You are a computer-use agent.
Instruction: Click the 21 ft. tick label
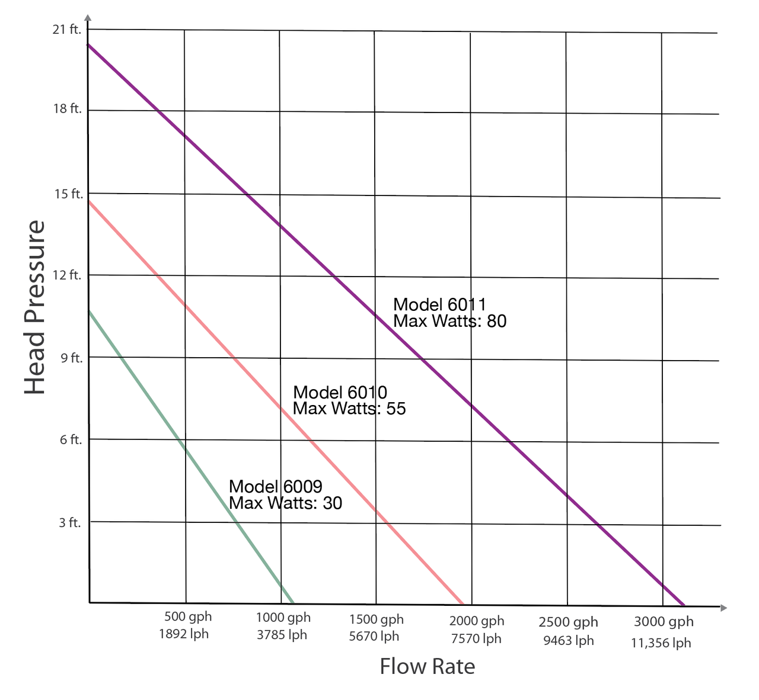pyautogui.click(x=67, y=30)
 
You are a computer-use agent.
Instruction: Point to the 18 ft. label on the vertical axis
pyautogui.click(x=67, y=110)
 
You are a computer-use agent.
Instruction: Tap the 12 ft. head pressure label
pyautogui.click(x=67, y=275)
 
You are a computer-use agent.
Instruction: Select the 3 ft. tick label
pyautogui.click(x=69, y=522)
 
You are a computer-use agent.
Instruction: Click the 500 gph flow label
pyautogui.click(x=188, y=617)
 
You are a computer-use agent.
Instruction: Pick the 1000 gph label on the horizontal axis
pyautogui.click(x=283, y=617)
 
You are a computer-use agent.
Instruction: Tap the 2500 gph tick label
pyautogui.click(x=568, y=622)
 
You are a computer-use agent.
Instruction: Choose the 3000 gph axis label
pyautogui.click(x=664, y=621)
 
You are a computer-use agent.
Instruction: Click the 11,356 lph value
pyautogui.click(x=661, y=643)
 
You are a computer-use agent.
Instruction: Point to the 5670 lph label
pyautogui.click(x=374, y=637)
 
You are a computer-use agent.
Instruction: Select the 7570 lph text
pyautogui.click(x=476, y=638)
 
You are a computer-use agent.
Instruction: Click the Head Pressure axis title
pyautogui.click(x=35, y=307)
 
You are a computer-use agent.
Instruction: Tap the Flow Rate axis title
pyautogui.click(x=428, y=666)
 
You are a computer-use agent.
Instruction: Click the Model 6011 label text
pyautogui.click(x=439, y=304)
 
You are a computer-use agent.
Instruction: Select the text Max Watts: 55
pyautogui.click(x=349, y=409)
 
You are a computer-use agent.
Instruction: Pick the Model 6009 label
pyautogui.click(x=275, y=486)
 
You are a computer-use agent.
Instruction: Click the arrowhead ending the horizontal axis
pyautogui.click(x=723, y=608)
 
